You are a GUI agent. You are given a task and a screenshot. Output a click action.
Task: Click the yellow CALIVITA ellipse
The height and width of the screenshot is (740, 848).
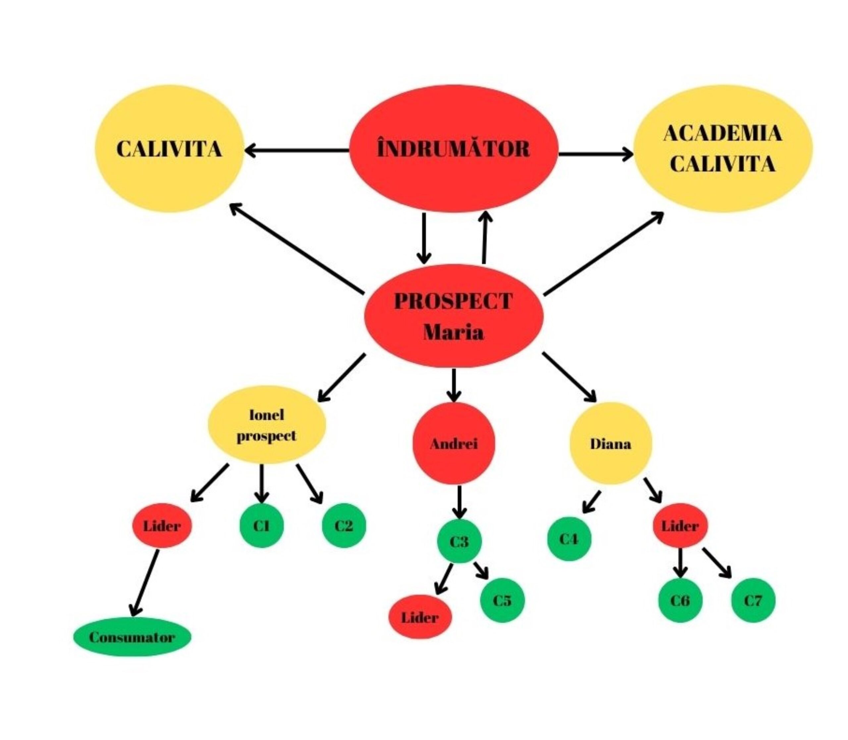[x=169, y=149]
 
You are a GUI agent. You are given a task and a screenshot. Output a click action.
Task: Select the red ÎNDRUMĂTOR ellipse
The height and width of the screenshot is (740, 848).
[x=453, y=149]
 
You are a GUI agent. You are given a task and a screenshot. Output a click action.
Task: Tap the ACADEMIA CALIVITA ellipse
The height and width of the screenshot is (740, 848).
[x=722, y=149]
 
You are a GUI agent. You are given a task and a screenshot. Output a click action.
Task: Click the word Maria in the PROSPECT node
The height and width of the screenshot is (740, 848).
[x=453, y=332]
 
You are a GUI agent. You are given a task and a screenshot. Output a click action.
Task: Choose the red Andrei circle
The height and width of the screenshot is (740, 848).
[x=453, y=444]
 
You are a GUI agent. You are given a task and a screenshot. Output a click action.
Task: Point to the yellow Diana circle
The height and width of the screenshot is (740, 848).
[x=610, y=444]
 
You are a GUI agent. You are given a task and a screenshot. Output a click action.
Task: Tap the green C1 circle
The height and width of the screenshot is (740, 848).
[x=261, y=526]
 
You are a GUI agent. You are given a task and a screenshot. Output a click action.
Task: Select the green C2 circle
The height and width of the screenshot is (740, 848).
[x=344, y=526]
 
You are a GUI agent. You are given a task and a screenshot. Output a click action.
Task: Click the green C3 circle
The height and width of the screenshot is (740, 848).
[x=459, y=541]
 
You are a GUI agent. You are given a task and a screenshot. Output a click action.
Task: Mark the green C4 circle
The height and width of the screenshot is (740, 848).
[x=569, y=539]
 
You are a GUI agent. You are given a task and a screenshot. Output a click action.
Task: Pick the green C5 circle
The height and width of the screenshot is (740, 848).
[x=502, y=600]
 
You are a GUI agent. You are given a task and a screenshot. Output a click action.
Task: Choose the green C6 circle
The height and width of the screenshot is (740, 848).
[x=680, y=600]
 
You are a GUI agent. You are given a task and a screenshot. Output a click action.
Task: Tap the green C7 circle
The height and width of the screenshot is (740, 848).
[x=753, y=600]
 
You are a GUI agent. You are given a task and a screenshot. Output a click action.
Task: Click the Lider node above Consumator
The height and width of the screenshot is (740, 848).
[x=162, y=526]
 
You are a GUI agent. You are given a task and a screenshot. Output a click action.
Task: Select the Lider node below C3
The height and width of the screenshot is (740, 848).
[x=420, y=617]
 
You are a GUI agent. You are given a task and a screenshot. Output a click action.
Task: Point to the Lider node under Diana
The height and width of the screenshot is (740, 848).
[x=680, y=526]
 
